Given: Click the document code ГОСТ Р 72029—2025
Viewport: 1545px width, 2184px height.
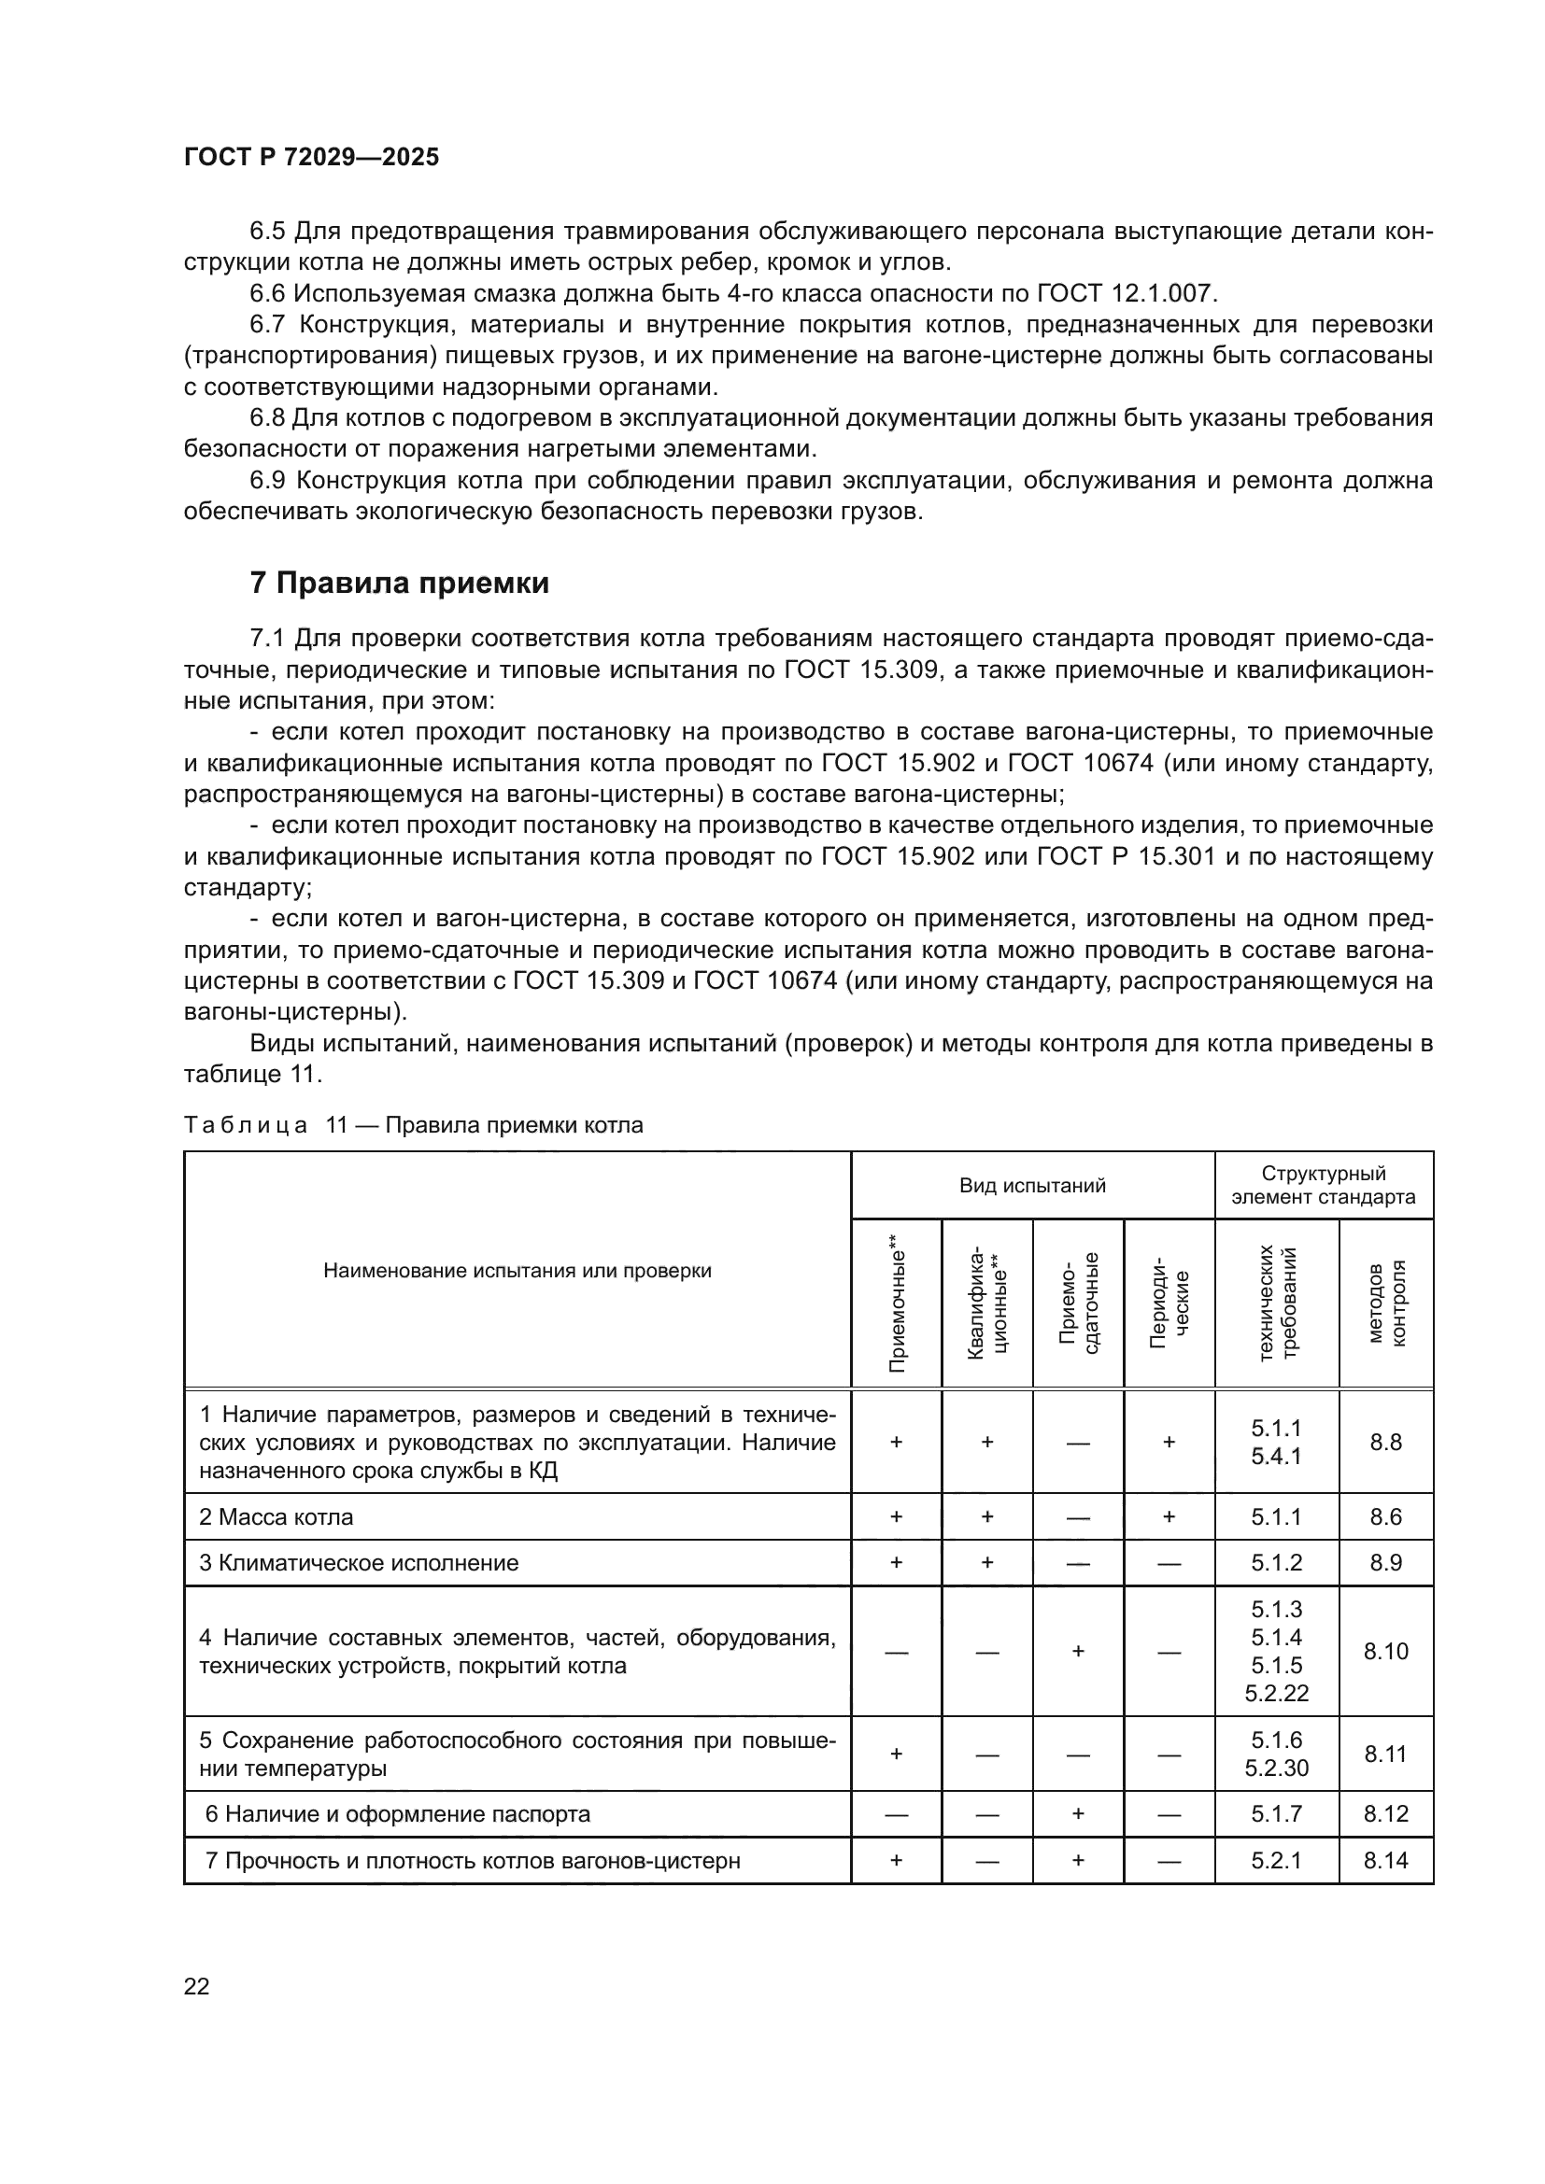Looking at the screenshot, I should tap(311, 157).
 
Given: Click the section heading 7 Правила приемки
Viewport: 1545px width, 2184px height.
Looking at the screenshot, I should tap(399, 582).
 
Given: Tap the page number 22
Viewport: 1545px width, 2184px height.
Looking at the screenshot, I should tap(196, 1986).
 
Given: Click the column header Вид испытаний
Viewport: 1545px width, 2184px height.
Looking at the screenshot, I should tap(1031, 1185).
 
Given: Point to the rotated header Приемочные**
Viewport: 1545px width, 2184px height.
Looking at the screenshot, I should tap(896, 1303).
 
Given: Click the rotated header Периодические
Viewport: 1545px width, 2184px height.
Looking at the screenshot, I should tap(1169, 1303).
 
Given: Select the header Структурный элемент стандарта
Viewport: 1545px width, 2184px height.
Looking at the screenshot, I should tap(1324, 1185).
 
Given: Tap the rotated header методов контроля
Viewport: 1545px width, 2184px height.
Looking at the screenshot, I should tap(1386, 1303).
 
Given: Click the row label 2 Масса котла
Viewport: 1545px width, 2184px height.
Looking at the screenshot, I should tap(276, 1517).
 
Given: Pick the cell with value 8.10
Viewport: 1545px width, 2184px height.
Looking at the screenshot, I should tap(1386, 1652).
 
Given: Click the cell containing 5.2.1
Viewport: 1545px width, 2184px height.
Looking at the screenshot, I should tap(1276, 1861).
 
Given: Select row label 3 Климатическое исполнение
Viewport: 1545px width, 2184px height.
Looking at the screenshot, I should tap(359, 1563).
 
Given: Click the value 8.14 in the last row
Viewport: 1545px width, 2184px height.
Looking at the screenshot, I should tap(1386, 1861).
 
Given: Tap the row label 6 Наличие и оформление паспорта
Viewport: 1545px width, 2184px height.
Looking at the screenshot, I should tap(398, 1814).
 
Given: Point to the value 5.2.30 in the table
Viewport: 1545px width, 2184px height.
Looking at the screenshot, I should tap(1276, 1768).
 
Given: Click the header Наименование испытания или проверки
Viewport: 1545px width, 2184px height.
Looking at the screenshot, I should tap(517, 1271).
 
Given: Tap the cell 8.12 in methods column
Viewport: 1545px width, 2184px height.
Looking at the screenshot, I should tap(1386, 1814).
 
